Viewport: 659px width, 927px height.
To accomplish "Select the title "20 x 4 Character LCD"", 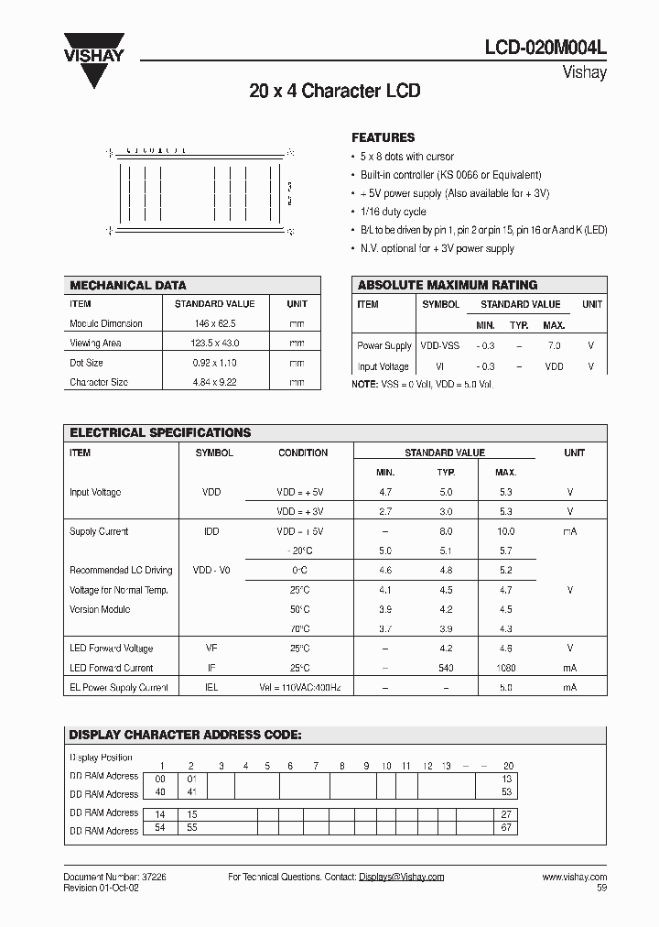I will pos(334,92).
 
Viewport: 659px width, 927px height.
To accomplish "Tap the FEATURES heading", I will pos(383,137).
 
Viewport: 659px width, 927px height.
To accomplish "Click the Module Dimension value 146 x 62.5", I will pos(214,323).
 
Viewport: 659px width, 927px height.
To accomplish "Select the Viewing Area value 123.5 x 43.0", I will pos(214,344).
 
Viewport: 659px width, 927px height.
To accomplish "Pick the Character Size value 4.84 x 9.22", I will pos(214,382).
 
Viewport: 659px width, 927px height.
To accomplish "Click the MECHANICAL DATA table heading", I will pos(128,285).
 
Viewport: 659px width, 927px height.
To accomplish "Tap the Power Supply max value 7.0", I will pos(553,345).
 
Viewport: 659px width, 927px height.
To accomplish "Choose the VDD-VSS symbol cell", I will pos(439,345).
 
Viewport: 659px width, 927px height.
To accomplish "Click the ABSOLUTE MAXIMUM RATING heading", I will pos(447,285).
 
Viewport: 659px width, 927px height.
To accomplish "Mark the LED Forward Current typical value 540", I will pos(446,668).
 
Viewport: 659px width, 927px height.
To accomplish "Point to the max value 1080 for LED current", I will pos(505,668).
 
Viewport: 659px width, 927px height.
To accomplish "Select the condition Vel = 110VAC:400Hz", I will pos(302,687).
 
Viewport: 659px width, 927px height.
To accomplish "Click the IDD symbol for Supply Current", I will pos(211,531).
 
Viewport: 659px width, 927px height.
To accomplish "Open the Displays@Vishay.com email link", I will pos(401,877).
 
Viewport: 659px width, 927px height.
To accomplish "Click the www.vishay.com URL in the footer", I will pos(574,877).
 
